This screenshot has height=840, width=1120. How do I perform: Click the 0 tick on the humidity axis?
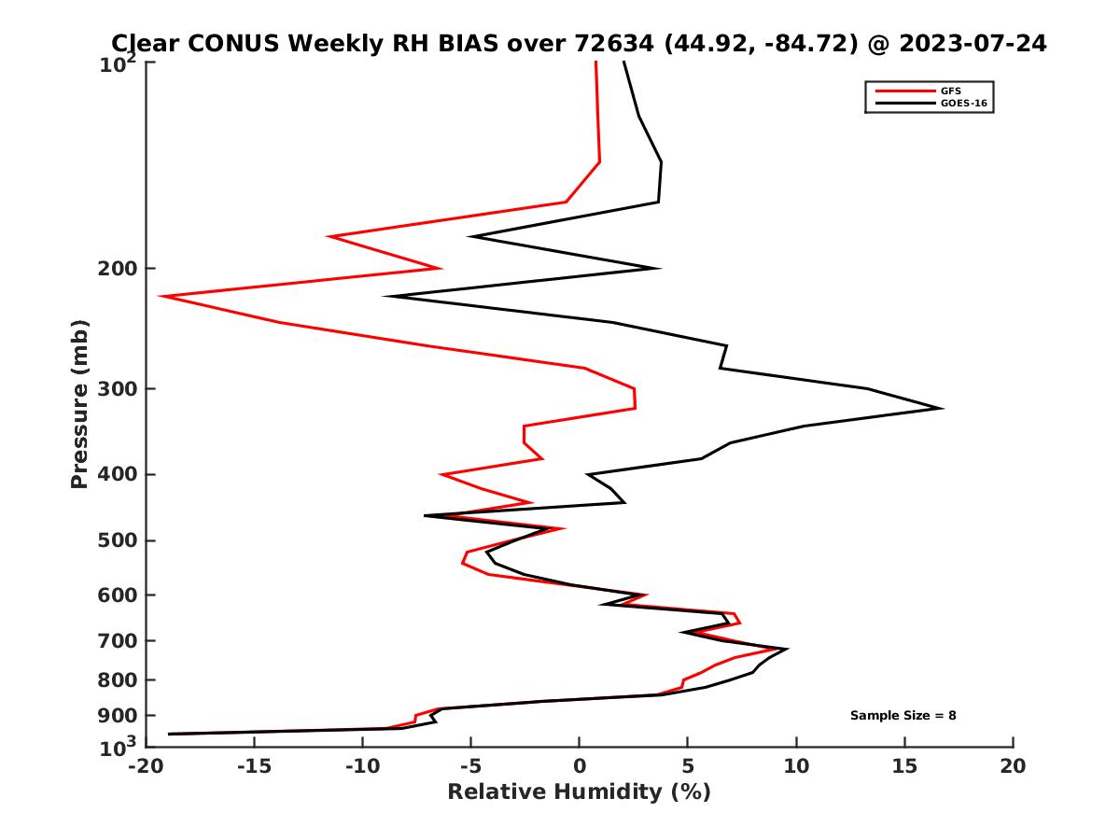580,766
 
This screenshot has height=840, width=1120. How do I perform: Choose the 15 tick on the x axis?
904,766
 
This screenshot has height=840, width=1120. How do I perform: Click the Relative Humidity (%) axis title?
579,792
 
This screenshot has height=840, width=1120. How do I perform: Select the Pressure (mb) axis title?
79,404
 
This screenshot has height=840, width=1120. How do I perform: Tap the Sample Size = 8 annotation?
903,716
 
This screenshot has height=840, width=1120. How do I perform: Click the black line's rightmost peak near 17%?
941,408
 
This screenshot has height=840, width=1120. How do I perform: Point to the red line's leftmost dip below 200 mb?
161,297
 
